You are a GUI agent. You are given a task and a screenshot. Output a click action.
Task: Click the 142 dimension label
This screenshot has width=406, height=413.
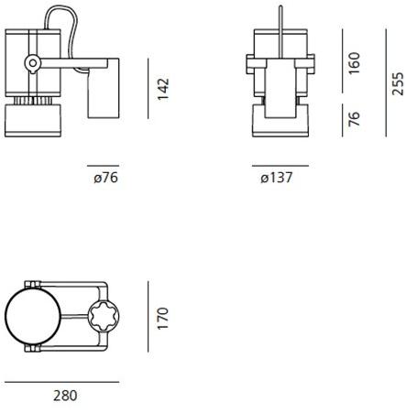pyautogui.click(x=164, y=89)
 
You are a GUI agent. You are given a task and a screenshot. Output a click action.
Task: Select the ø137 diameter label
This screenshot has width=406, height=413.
pyautogui.click(x=276, y=179)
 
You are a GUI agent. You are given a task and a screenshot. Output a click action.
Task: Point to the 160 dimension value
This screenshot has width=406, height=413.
pyautogui.click(x=355, y=62)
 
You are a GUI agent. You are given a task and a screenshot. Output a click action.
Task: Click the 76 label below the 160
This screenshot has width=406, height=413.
pyautogui.click(x=355, y=119)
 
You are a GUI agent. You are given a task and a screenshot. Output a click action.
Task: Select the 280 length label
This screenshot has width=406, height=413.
pyautogui.click(x=65, y=397)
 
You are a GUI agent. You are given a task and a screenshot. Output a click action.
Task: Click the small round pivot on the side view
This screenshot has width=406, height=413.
pyautogui.click(x=32, y=63)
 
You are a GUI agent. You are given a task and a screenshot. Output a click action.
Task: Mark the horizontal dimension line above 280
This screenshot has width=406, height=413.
pyautogui.click(x=61, y=380)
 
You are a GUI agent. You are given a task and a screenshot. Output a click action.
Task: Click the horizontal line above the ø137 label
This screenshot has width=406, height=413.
pyautogui.click(x=280, y=166)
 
